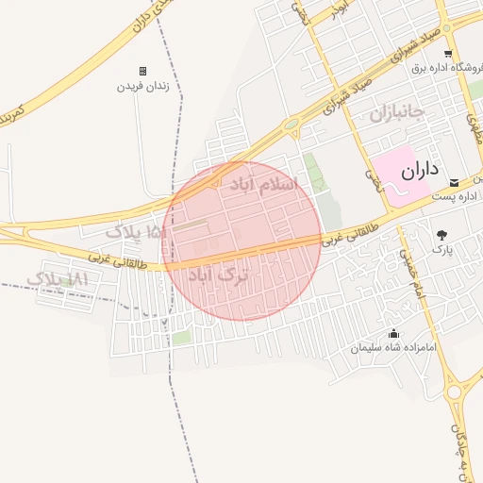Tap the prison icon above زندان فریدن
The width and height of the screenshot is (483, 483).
(x=142, y=71)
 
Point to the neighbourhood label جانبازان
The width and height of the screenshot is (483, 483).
(x=398, y=115)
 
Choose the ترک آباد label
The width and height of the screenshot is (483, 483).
(x=220, y=275)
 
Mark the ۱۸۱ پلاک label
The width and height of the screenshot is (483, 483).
(x=58, y=279)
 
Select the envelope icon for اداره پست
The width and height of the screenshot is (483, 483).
(x=455, y=181)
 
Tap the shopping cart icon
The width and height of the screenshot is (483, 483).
(x=448, y=53)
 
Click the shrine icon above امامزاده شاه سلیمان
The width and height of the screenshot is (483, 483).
(x=393, y=334)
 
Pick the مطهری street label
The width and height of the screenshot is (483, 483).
(x=475, y=126)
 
